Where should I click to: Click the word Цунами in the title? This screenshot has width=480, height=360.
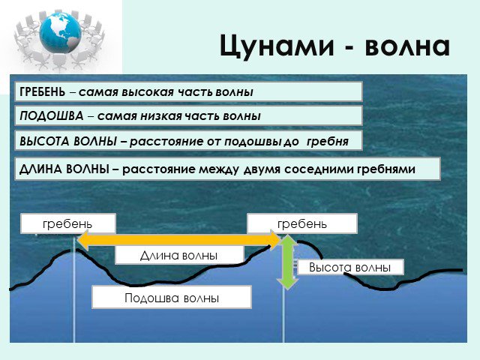(277, 46)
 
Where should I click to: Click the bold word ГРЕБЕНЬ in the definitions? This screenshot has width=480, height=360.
(42, 91)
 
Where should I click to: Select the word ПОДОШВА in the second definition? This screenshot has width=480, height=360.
(52, 115)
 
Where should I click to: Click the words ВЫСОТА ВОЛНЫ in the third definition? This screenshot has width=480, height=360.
(68, 141)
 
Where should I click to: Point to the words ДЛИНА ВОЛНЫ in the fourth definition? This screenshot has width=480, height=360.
(64, 169)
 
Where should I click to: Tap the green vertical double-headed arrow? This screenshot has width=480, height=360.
(287, 262)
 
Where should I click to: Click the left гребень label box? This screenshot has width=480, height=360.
(68, 223)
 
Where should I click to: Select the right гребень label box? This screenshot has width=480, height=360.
(302, 223)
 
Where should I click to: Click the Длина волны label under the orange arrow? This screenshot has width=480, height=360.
(179, 255)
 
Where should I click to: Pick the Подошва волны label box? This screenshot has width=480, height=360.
(172, 297)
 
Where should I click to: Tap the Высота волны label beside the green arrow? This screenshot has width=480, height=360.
(350, 267)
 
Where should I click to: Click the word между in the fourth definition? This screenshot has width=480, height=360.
(219, 169)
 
